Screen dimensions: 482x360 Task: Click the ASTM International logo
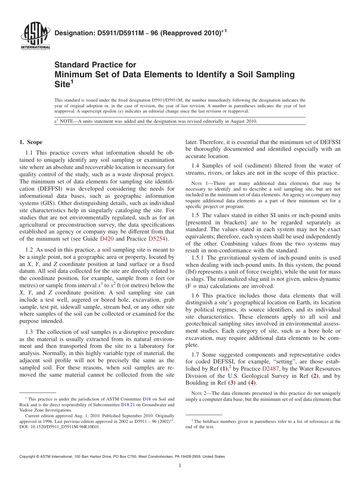(35, 37)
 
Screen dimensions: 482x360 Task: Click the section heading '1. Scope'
(31, 142)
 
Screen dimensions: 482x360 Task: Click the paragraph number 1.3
(29, 332)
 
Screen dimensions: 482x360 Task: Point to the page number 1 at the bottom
(180, 465)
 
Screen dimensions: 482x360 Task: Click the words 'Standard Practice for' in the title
(95, 65)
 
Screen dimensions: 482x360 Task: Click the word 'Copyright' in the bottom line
(28, 457)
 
